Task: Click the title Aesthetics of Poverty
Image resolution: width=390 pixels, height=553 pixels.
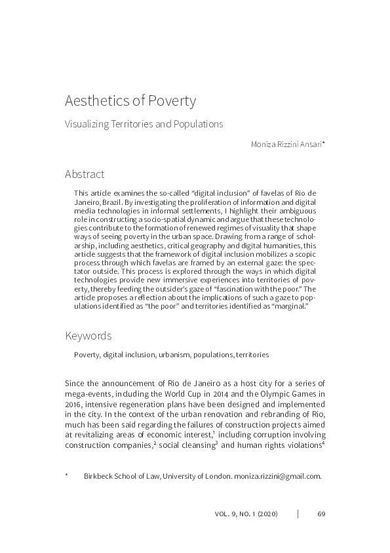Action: (130, 101)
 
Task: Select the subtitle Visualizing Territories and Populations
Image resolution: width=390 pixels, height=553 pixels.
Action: (144, 123)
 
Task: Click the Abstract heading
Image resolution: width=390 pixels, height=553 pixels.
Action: (84, 174)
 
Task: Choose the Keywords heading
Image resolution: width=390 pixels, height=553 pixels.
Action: (88, 336)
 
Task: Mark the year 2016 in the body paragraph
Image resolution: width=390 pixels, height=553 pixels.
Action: (74, 404)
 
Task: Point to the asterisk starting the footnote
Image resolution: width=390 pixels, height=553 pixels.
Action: (67, 475)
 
